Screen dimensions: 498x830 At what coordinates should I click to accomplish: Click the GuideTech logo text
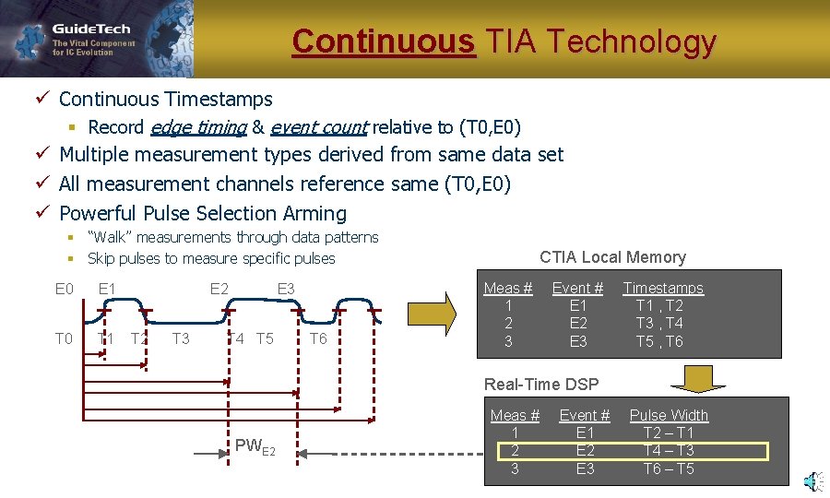point(91,28)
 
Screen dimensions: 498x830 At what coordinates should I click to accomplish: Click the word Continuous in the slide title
point(383,41)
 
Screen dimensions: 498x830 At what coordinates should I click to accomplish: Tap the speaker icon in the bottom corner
point(812,481)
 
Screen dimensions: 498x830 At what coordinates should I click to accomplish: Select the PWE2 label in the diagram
point(255,447)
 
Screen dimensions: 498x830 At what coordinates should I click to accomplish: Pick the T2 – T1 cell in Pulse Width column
point(669,433)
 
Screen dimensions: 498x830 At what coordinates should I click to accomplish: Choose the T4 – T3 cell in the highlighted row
point(669,451)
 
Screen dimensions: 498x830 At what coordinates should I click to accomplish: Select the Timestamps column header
point(662,289)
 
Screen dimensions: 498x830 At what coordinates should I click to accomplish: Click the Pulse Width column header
point(669,415)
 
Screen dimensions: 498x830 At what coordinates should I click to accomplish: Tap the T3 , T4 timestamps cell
point(659,323)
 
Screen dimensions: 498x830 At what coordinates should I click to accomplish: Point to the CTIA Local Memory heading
point(612,257)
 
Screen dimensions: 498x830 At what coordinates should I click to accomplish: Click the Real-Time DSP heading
point(541,384)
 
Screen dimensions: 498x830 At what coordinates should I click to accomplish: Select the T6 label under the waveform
point(318,338)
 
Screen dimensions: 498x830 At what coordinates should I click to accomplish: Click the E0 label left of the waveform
point(65,289)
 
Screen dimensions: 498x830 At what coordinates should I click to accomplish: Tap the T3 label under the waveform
point(181,338)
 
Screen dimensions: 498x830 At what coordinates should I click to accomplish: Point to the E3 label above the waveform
point(286,289)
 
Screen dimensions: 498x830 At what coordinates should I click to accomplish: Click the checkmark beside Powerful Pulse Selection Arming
point(43,213)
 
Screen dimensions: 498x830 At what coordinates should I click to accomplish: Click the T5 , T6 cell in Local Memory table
point(659,341)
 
